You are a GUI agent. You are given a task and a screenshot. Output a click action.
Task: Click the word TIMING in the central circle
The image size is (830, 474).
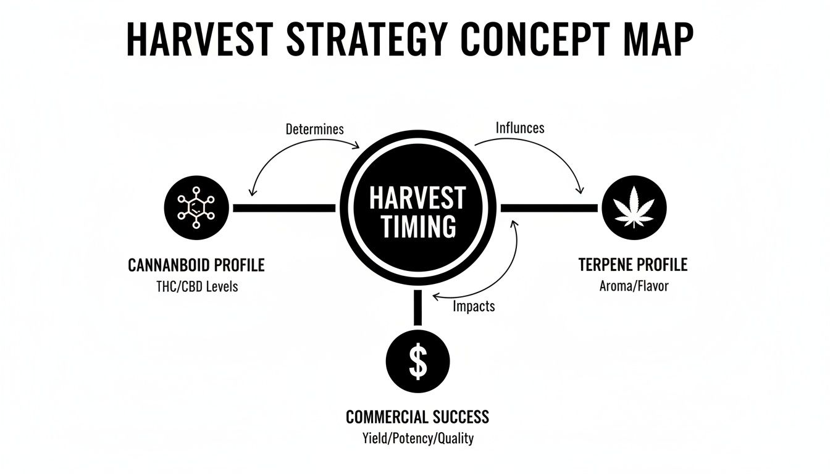(x=418, y=227)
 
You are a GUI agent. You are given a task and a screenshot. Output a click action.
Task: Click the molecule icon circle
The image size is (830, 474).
(x=197, y=208)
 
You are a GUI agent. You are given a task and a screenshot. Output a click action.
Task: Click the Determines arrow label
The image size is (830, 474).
(x=315, y=130)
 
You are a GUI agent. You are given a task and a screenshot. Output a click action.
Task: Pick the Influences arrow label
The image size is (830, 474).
(x=520, y=128)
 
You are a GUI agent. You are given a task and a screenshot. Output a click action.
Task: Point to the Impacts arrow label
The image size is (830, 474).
(x=474, y=306)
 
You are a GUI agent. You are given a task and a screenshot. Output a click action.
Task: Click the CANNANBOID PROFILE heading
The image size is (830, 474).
(x=196, y=265)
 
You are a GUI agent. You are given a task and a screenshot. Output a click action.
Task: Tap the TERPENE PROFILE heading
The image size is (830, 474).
(x=633, y=265)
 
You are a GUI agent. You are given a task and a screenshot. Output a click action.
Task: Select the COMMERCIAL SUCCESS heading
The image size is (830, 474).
(x=417, y=417)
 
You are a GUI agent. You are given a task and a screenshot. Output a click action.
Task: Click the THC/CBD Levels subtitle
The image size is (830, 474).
(x=196, y=286)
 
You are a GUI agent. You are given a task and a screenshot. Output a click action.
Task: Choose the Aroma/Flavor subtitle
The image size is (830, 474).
(x=633, y=286)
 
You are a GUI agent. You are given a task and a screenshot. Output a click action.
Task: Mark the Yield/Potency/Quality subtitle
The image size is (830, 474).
(x=417, y=438)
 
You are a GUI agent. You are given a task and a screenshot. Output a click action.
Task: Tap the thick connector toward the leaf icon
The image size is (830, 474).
(x=549, y=209)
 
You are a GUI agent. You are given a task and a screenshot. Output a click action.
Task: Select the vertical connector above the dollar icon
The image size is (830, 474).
(x=418, y=307)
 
